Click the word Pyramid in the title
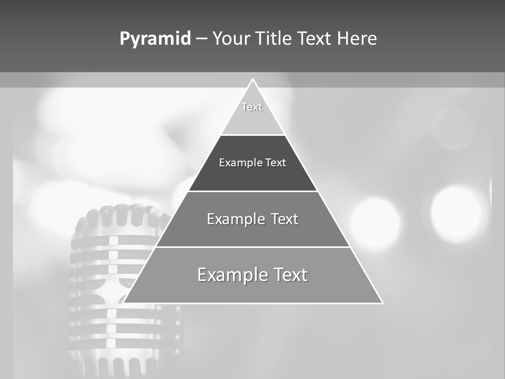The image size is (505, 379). point(155,38)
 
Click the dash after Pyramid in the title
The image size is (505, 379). point(201,39)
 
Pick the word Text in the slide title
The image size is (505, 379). point(315,38)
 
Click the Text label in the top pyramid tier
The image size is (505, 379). point(252,107)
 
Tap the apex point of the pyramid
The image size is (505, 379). point(253,79)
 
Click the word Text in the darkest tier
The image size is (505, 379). point(276,163)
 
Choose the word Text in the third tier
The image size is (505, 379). point(285,219)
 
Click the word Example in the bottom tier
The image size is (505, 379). point(233,275)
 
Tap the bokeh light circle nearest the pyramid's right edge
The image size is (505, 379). point(376,221)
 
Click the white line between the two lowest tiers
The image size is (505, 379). point(253,247)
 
